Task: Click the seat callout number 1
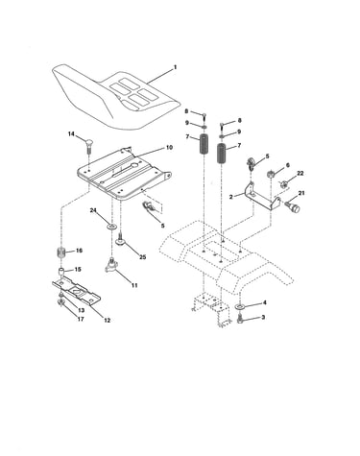point(175,67)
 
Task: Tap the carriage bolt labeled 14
point(89,146)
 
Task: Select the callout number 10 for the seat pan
point(169,148)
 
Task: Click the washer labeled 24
point(111,227)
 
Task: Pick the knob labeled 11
point(111,265)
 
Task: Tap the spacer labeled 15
point(61,273)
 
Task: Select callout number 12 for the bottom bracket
point(107,320)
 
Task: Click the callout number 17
point(81,319)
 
